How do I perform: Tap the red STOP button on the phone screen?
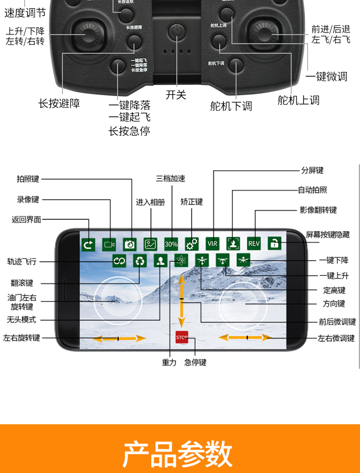[x=182, y=337]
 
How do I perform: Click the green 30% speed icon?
[x=171, y=244]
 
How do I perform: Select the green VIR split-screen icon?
[x=212, y=244]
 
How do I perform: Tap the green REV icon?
[x=254, y=244]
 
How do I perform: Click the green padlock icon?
[x=274, y=244]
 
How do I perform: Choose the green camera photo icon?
[x=130, y=244]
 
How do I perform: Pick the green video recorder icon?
[x=109, y=244]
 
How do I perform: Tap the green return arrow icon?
[x=88, y=244]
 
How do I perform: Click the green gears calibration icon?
[x=192, y=244]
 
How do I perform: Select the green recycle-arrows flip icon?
[x=140, y=261]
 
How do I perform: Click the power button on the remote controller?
[x=176, y=31]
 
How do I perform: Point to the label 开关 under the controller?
[x=176, y=95]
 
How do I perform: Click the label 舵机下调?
[x=231, y=106]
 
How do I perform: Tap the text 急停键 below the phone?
[x=195, y=362]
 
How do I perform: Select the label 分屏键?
[x=312, y=170]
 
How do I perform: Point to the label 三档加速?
[x=170, y=178]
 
